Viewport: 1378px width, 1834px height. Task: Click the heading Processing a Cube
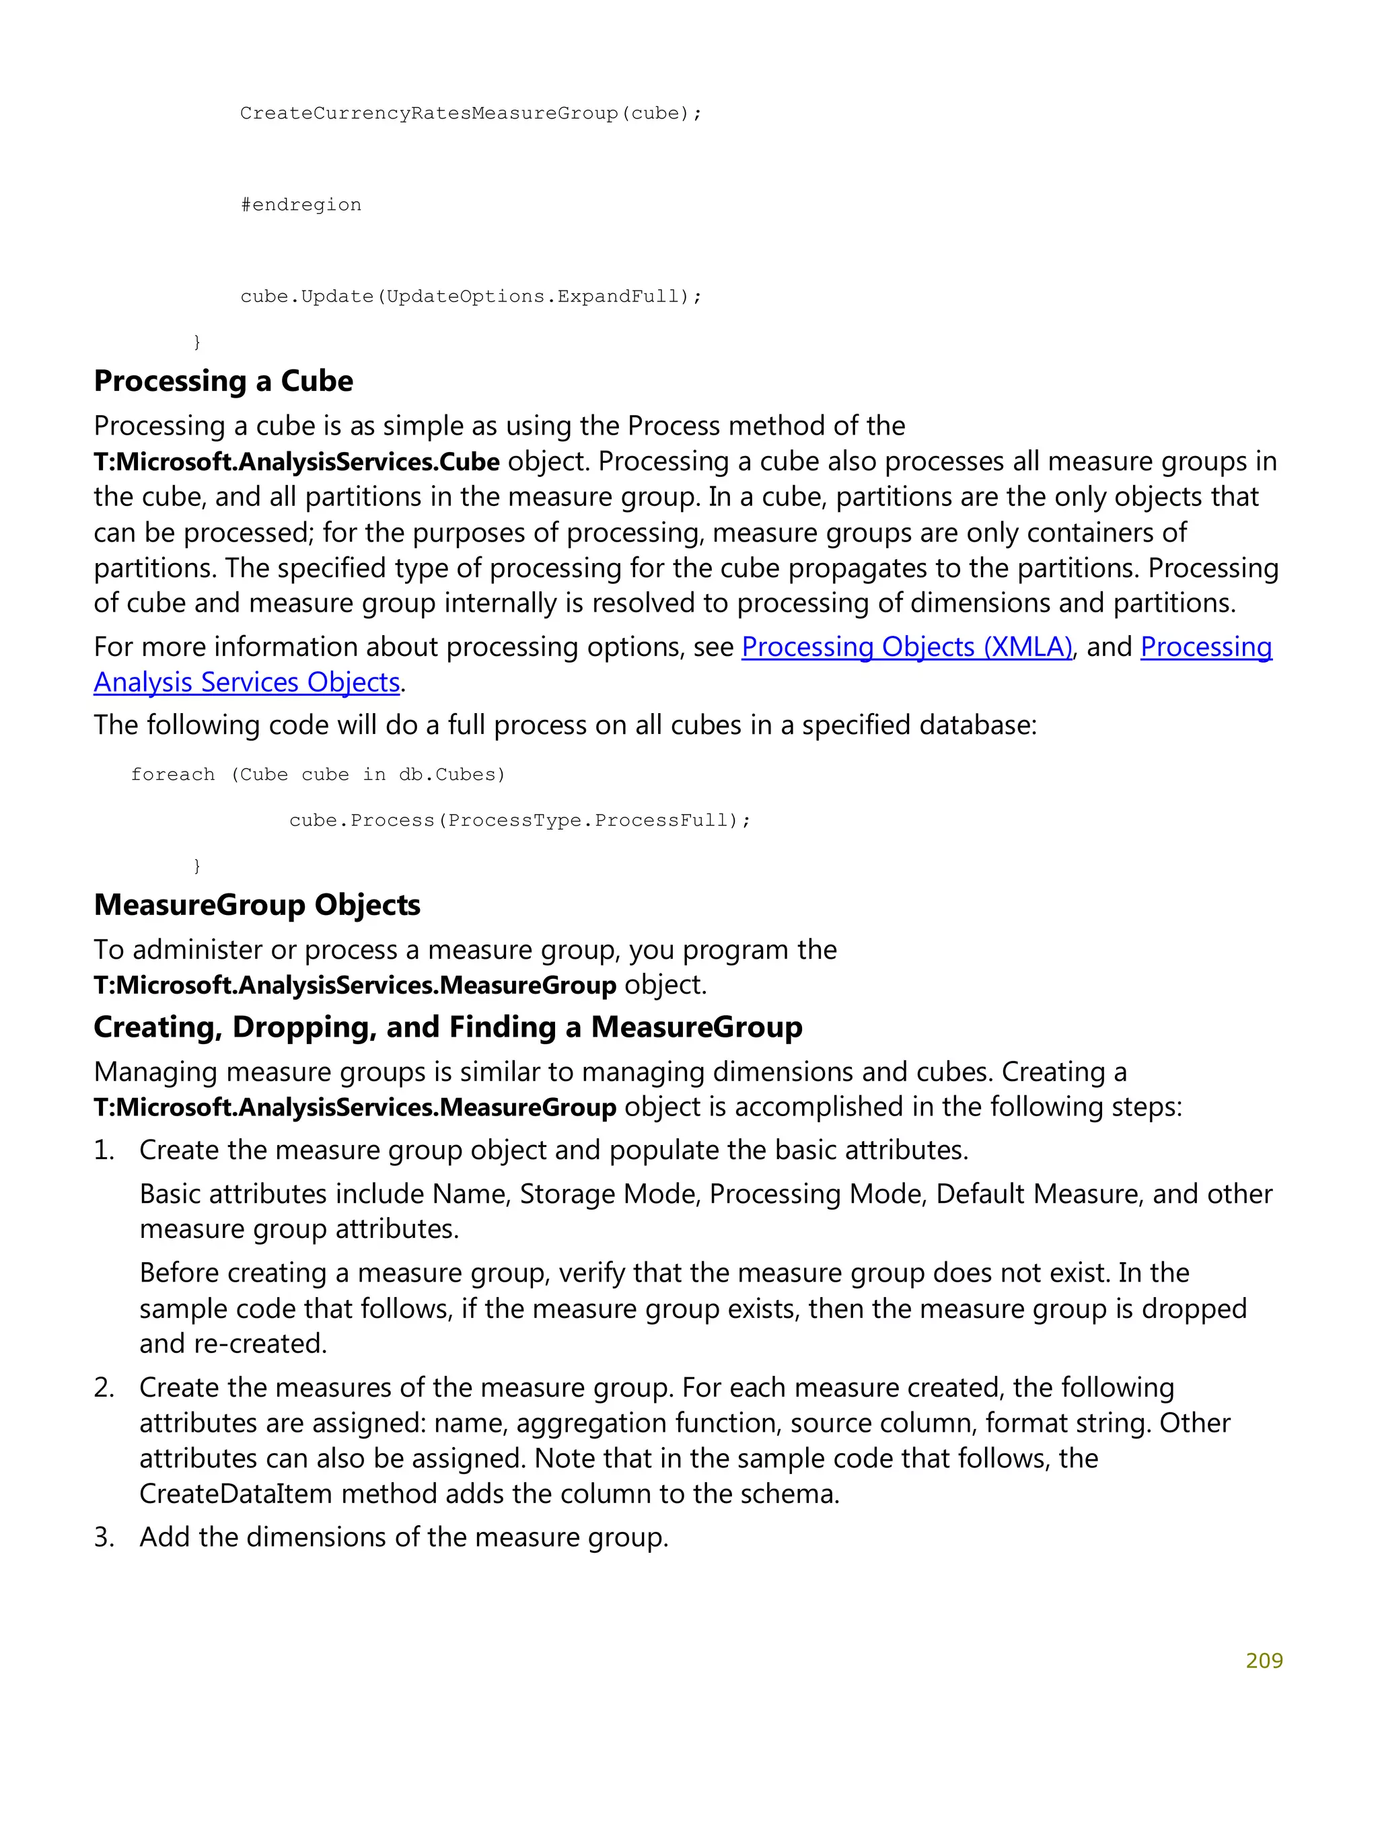pos(223,381)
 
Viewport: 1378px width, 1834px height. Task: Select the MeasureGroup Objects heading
pos(257,905)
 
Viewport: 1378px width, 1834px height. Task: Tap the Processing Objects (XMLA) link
pos(906,647)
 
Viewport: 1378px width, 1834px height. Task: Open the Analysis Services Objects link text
pos(246,682)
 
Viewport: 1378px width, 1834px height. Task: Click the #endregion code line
pos(300,205)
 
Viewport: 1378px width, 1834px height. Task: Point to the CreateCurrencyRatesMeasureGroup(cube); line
pos(470,113)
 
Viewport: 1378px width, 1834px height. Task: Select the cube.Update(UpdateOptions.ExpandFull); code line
pos(470,296)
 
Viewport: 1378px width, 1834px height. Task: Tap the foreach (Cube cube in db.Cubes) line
pos(318,774)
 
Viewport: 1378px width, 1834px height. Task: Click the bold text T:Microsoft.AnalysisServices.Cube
pos(296,461)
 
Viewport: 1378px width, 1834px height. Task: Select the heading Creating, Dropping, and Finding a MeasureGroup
pos(447,1027)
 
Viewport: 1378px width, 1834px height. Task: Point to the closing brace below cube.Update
pos(196,341)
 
